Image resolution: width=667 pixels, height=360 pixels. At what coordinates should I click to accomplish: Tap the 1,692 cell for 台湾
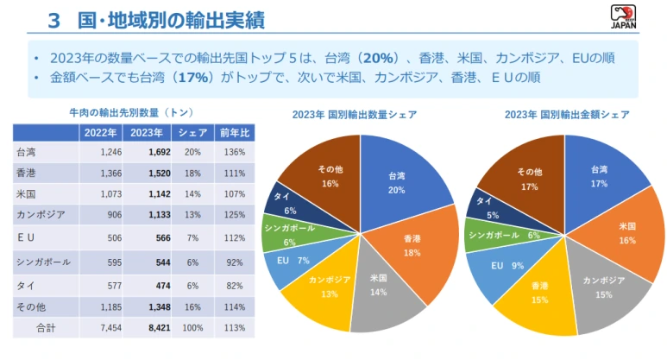[x=159, y=152]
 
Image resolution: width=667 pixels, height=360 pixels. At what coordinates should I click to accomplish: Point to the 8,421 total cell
[x=159, y=328]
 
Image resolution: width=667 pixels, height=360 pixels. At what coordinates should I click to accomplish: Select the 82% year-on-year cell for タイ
[x=235, y=284]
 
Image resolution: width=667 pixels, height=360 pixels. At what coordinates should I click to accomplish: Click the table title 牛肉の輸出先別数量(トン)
[x=130, y=112]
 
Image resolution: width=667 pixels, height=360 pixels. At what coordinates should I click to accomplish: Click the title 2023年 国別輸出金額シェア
[x=567, y=114]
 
